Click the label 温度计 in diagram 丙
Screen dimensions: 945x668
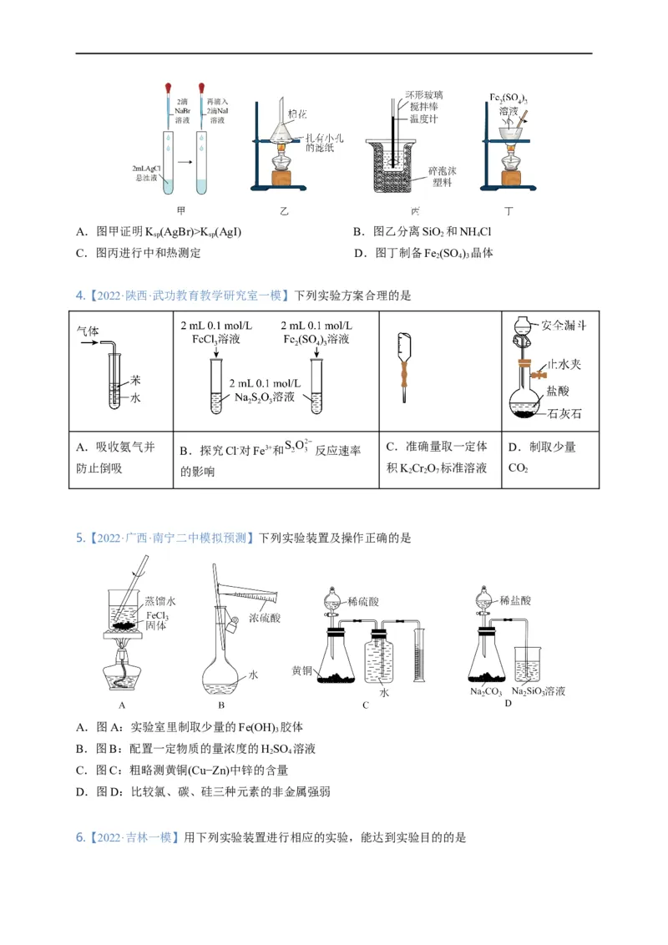coord(423,119)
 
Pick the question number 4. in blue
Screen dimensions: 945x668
coord(80,295)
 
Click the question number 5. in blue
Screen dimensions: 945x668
coord(80,538)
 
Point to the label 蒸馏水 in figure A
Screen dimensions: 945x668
coord(160,600)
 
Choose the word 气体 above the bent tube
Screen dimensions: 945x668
coord(87,330)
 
